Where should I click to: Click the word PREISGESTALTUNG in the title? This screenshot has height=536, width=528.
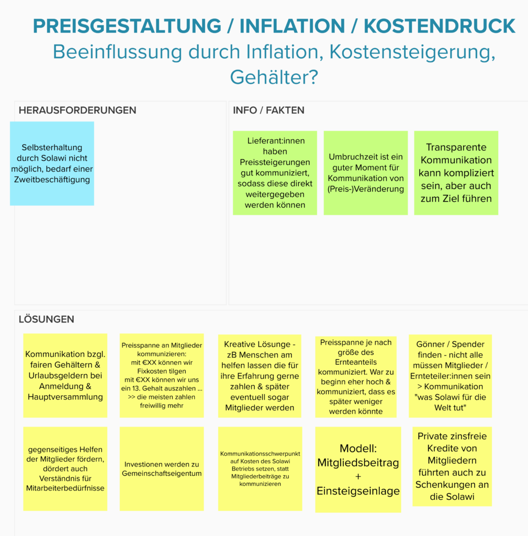[127, 26]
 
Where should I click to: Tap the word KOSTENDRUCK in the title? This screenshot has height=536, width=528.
[440, 26]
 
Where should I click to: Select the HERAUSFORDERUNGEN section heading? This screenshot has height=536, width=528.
[77, 110]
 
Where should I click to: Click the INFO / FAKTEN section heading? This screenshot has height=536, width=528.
[268, 110]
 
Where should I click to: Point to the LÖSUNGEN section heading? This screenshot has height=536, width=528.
[47, 319]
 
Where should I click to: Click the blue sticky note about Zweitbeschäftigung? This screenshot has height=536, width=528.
[52, 163]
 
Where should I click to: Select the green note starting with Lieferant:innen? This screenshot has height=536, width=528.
[275, 173]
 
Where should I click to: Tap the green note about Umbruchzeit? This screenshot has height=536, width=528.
[366, 173]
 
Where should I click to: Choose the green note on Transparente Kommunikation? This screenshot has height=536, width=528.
[456, 173]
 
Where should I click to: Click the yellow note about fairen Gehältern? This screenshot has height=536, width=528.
[65, 375]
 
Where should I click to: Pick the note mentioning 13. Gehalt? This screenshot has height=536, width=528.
[162, 375]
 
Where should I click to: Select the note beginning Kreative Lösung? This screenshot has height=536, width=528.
[260, 376]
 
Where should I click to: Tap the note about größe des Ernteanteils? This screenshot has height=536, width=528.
[356, 377]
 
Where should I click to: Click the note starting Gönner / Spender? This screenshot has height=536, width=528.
[451, 376]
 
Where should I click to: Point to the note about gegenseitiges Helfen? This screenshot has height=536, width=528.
[65, 468]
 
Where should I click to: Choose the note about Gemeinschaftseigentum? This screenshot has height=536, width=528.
[162, 468]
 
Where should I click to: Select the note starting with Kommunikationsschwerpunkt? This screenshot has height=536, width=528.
[260, 468]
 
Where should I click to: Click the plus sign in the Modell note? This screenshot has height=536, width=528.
[358, 476]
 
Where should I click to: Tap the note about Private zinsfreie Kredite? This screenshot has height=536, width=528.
[452, 466]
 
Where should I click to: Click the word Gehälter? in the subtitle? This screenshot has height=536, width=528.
[274, 77]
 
